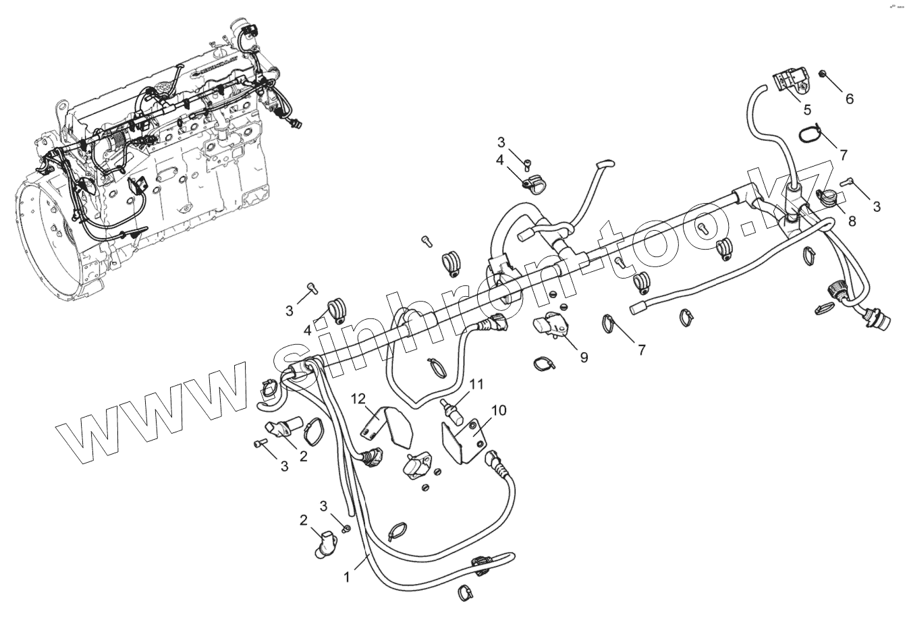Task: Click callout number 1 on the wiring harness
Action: [347, 577]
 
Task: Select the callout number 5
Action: [806, 109]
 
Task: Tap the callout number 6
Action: [849, 98]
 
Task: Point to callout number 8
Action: [852, 220]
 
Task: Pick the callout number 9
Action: [584, 357]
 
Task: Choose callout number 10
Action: [499, 410]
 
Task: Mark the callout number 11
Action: [477, 385]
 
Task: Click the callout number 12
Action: [358, 399]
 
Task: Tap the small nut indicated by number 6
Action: [823, 74]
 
